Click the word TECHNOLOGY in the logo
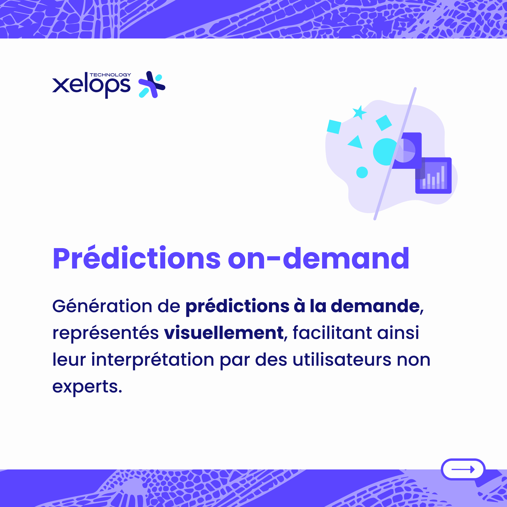(x=110, y=75)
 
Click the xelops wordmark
(x=91, y=85)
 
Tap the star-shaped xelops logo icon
(x=152, y=84)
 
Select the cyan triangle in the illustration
(x=356, y=142)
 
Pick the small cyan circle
(x=362, y=173)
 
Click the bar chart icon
(x=434, y=176)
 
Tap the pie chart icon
(x=407, y=151)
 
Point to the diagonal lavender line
(x=395, y=154)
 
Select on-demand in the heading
(x=319, y=258)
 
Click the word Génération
(x=102, y=306)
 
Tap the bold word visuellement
(x=224, y=333)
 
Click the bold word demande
(x=376, y=306)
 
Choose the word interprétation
(x=153, y=360)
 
